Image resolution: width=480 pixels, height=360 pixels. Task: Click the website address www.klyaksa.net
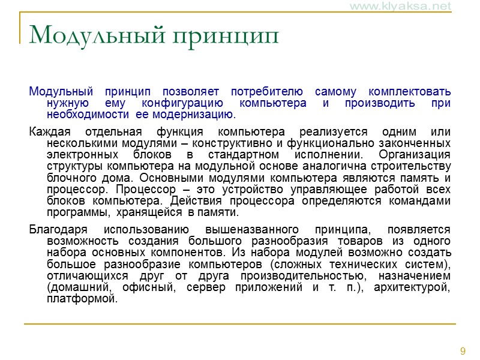[x=408, y=7]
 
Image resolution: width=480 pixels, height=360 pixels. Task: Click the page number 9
[x=463, y=351]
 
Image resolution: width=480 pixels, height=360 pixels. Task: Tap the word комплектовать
[x=409, y=92]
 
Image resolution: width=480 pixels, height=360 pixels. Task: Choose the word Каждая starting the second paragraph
[x=50, y=132]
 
